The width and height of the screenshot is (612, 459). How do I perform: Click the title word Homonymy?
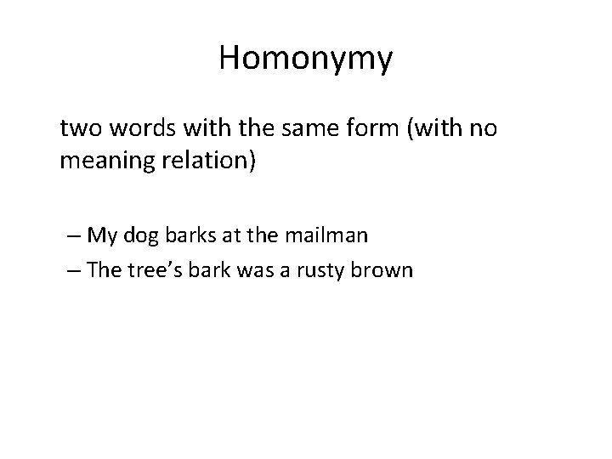click(x=306, y=58)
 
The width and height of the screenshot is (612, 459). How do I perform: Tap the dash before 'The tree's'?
click(x=76, y=271)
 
